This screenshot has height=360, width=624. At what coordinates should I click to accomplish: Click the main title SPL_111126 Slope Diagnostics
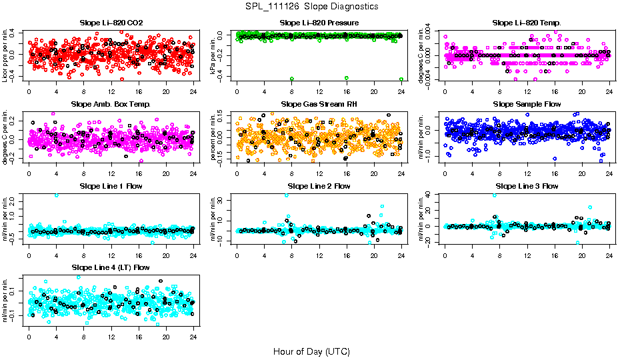coord(311,6)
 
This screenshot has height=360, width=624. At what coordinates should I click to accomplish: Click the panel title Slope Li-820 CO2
coord(111,23)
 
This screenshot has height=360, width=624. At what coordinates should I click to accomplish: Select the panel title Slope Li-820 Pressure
coord(319,23)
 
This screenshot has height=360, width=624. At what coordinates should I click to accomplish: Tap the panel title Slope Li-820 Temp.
coord(527,23)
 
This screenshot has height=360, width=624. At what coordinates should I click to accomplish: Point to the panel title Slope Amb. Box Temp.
coord(111,105)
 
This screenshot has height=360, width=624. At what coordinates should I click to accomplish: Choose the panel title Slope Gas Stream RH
coord(319,105)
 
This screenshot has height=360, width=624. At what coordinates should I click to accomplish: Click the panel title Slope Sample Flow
coord(527,105)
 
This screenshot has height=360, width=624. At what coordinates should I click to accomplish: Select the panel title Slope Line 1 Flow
coord(111,186)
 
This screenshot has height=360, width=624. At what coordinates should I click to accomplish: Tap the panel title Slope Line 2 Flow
coord(319,186)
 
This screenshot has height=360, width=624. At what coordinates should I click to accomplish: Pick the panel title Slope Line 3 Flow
coord(527,186)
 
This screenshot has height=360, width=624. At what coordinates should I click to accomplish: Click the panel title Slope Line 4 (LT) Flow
coord(111,267)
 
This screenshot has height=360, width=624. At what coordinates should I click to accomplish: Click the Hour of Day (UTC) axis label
coord(311,351)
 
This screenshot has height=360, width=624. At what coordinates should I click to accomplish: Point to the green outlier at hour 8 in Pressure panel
coord(292,79)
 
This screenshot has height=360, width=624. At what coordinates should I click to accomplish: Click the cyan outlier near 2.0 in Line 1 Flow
coord(56,195)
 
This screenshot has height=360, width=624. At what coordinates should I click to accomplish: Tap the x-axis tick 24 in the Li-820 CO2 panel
coord(193,91)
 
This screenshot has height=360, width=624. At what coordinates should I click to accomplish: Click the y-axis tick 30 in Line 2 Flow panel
coord(221,197)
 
